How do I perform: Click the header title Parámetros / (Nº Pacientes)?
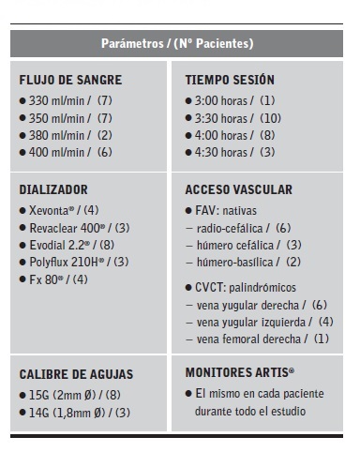177,43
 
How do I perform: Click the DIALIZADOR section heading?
53,189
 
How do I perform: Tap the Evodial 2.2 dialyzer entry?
66,244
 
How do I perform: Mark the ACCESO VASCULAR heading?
239,189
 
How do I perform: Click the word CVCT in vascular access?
209,287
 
